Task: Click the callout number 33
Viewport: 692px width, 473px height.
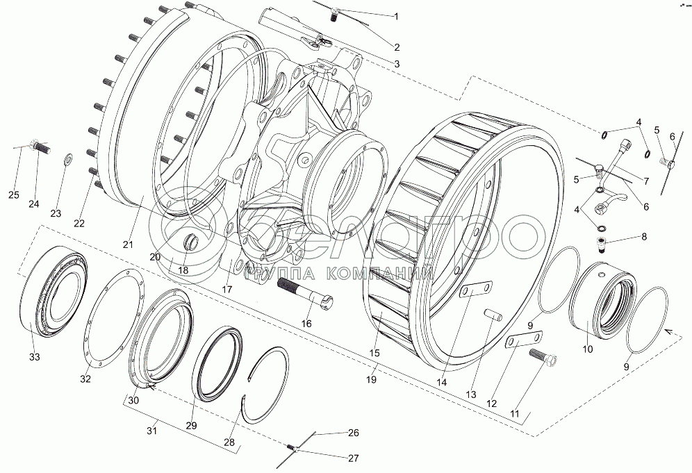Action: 35,356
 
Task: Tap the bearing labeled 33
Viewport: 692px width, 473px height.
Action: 53,292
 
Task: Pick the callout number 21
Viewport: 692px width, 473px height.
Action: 128,244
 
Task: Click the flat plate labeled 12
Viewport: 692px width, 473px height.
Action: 524,341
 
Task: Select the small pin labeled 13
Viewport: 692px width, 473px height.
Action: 492,315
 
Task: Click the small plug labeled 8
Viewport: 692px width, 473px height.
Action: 602,245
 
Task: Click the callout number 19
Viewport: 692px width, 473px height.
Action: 372,379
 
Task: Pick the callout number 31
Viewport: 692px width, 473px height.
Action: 152,431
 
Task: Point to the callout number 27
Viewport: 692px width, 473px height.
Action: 354,458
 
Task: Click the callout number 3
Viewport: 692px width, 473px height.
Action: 397,63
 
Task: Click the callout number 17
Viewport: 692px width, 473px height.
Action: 226,290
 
